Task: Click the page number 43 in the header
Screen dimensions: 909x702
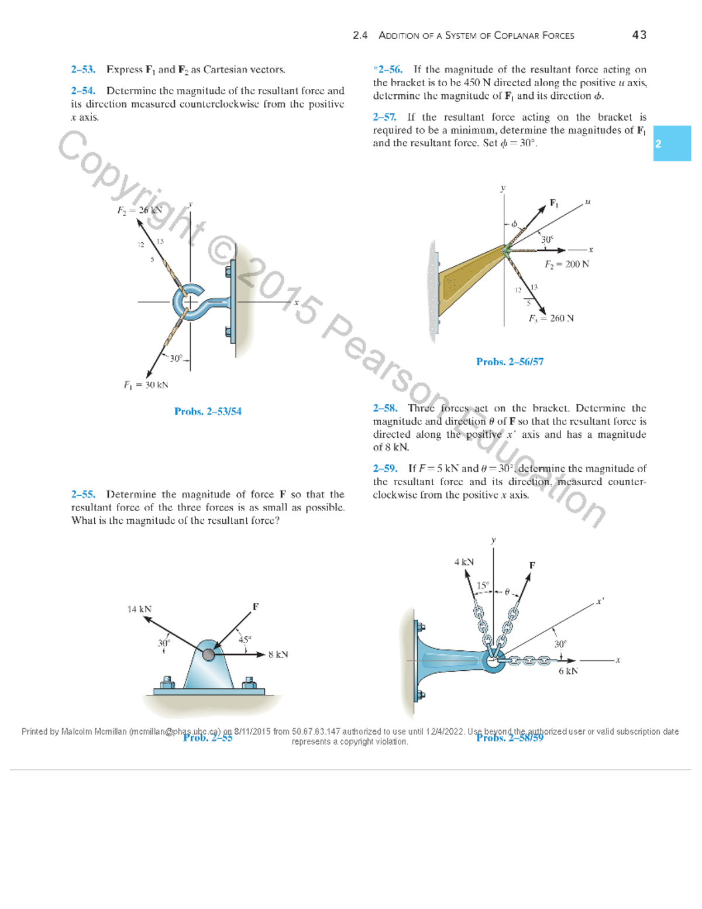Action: [x=639, y=35]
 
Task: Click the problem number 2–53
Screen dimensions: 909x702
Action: [x=83, y=70]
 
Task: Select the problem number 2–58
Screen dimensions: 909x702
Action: [x=385, y=408]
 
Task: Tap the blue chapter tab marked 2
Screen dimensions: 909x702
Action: [x=672, y=143]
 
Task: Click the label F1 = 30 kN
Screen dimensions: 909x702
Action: [x=146, y=385]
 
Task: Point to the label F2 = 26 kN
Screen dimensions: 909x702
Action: [x=139, y=210]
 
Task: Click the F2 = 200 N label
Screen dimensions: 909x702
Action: [x=566, y=265]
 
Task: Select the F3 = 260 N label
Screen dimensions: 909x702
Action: [x=551, y=318]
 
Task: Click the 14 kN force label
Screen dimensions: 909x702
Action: [x=139, y=609]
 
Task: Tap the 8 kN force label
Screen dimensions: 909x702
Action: [x=278, y=654]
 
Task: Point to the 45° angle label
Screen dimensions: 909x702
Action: [x=245, y=640]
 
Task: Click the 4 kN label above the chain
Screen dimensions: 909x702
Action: [x=464, y=562]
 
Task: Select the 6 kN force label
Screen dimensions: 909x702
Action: [x=567, y=671]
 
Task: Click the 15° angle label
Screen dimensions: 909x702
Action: [x=483, y=585]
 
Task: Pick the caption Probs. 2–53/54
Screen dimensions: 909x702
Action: [x=208, y=411]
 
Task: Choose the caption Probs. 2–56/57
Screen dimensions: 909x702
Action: [x=510, y=362]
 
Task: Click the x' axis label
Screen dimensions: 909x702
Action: [x=600, y=601]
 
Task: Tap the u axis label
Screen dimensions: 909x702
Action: [x=587, y=202]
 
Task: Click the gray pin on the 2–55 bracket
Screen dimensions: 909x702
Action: [x=208, y=654]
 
